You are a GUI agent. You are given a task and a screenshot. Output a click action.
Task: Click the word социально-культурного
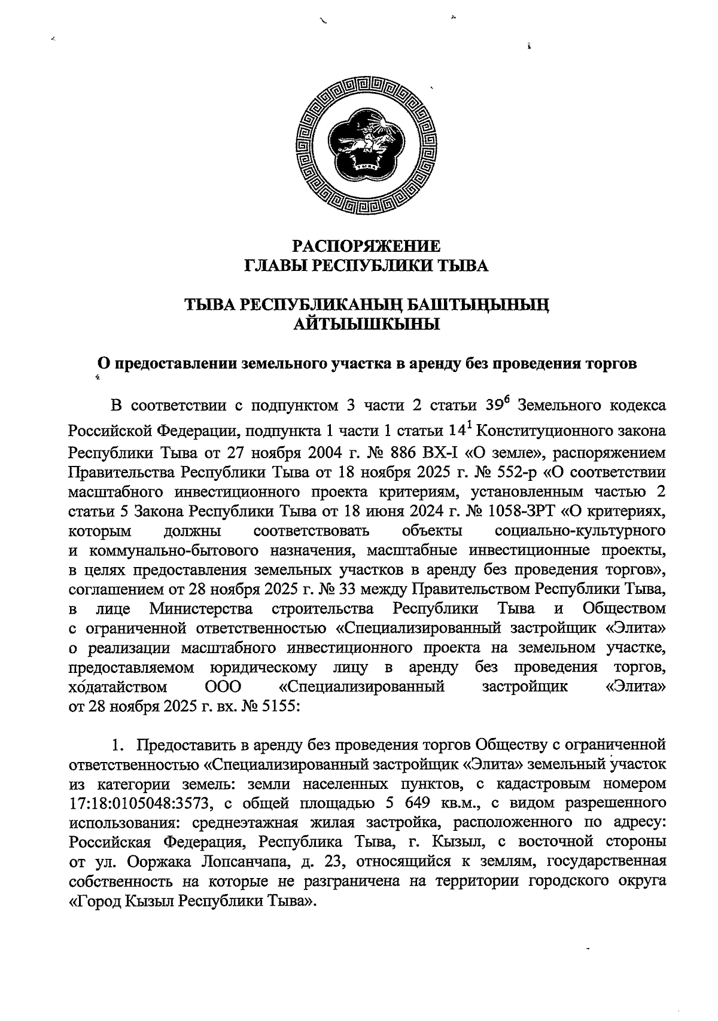pos(581,531)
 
